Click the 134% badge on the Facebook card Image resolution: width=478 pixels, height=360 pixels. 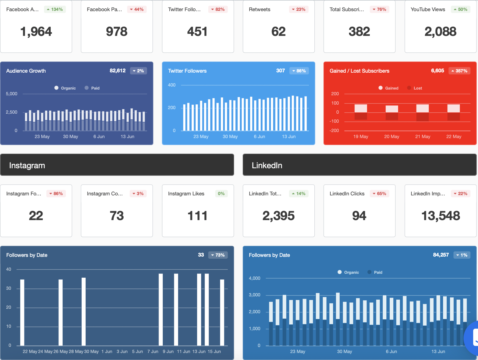[55, 9]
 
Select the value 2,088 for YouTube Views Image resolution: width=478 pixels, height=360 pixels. [440, 32]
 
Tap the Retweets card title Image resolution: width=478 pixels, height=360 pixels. [259, 9]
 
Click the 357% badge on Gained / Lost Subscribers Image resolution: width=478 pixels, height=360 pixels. [459, 71]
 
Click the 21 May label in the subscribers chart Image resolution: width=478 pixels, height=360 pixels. [423, 137]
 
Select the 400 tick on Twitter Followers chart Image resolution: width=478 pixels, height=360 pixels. [172, 85]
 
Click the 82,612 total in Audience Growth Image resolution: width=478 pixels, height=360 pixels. [118, 71]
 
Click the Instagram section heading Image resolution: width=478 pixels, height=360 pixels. [27, 165]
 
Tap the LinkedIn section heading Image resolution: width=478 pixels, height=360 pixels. [267, 165]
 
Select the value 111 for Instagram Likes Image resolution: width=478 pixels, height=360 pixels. [197, 216]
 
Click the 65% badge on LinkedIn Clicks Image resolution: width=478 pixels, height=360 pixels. [379, 194]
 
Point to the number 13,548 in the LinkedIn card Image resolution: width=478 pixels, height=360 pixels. [440, 216]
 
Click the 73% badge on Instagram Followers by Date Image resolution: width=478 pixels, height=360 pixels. [218, 255]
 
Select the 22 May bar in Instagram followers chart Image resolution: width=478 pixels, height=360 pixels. [22, 312]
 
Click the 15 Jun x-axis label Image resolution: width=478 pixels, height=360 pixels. [214, 352]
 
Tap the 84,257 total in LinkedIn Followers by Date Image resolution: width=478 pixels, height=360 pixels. [441, 255]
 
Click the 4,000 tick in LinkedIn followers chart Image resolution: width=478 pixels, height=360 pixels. [254, 278]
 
